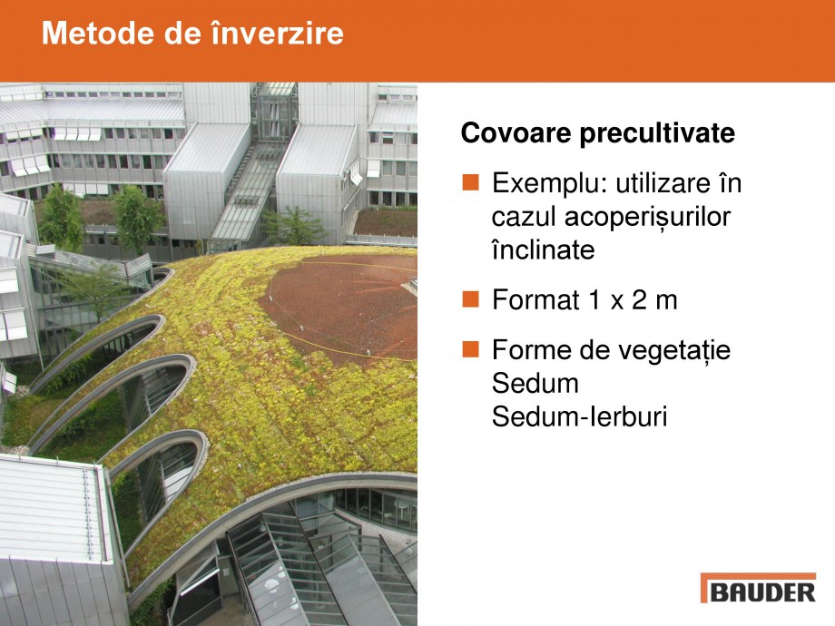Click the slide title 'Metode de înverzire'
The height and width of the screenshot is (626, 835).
[192, 34]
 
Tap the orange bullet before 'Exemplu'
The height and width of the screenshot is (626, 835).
[470, 183]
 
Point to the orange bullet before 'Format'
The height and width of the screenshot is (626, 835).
[470, 299]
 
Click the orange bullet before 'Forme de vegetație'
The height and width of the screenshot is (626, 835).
[470, 348]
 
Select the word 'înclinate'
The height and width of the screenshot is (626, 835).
[543, 249]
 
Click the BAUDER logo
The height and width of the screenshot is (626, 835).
[758, 590]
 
